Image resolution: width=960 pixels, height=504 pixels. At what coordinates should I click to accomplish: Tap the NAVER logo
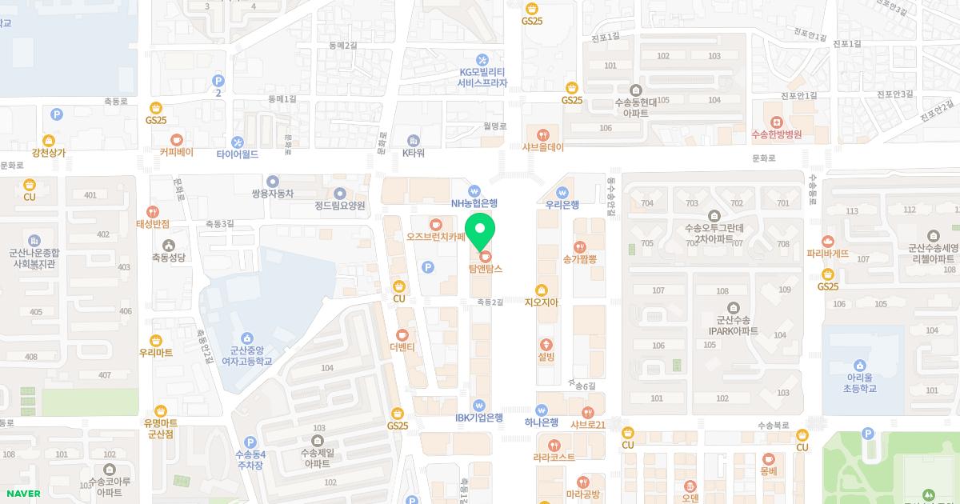point(22,493)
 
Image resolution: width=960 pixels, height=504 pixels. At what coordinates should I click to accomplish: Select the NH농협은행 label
point(474,203)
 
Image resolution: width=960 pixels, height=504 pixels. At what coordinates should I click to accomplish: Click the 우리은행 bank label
point(562,204)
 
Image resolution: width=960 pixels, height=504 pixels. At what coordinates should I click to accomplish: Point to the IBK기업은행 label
point(478,417)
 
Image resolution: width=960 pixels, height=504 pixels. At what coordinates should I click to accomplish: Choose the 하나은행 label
point(542,422)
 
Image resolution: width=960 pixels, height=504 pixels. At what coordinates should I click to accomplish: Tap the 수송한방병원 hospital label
point(776,134)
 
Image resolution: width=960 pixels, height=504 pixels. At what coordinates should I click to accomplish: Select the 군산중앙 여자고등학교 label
point(246,355)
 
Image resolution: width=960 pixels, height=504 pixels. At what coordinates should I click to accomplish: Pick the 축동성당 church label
point(168,257)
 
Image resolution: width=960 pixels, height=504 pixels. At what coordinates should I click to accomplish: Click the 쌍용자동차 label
point(273,193)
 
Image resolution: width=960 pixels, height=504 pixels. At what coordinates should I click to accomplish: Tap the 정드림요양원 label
point(340,205)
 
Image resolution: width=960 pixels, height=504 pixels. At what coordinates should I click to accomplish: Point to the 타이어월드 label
point(238,154)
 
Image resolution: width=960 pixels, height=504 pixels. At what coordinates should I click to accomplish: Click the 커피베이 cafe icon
point(176,139)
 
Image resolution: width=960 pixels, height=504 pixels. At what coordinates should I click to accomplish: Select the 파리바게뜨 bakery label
point(828,254)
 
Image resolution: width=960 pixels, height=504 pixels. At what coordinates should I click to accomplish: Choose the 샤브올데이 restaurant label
point(544,146)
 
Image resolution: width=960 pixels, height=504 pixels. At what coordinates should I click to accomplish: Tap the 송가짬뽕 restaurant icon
point(580,247)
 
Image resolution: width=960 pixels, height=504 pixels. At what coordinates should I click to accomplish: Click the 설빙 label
point(546,356)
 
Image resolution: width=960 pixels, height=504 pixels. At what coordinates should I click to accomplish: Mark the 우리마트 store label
point(156,352)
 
